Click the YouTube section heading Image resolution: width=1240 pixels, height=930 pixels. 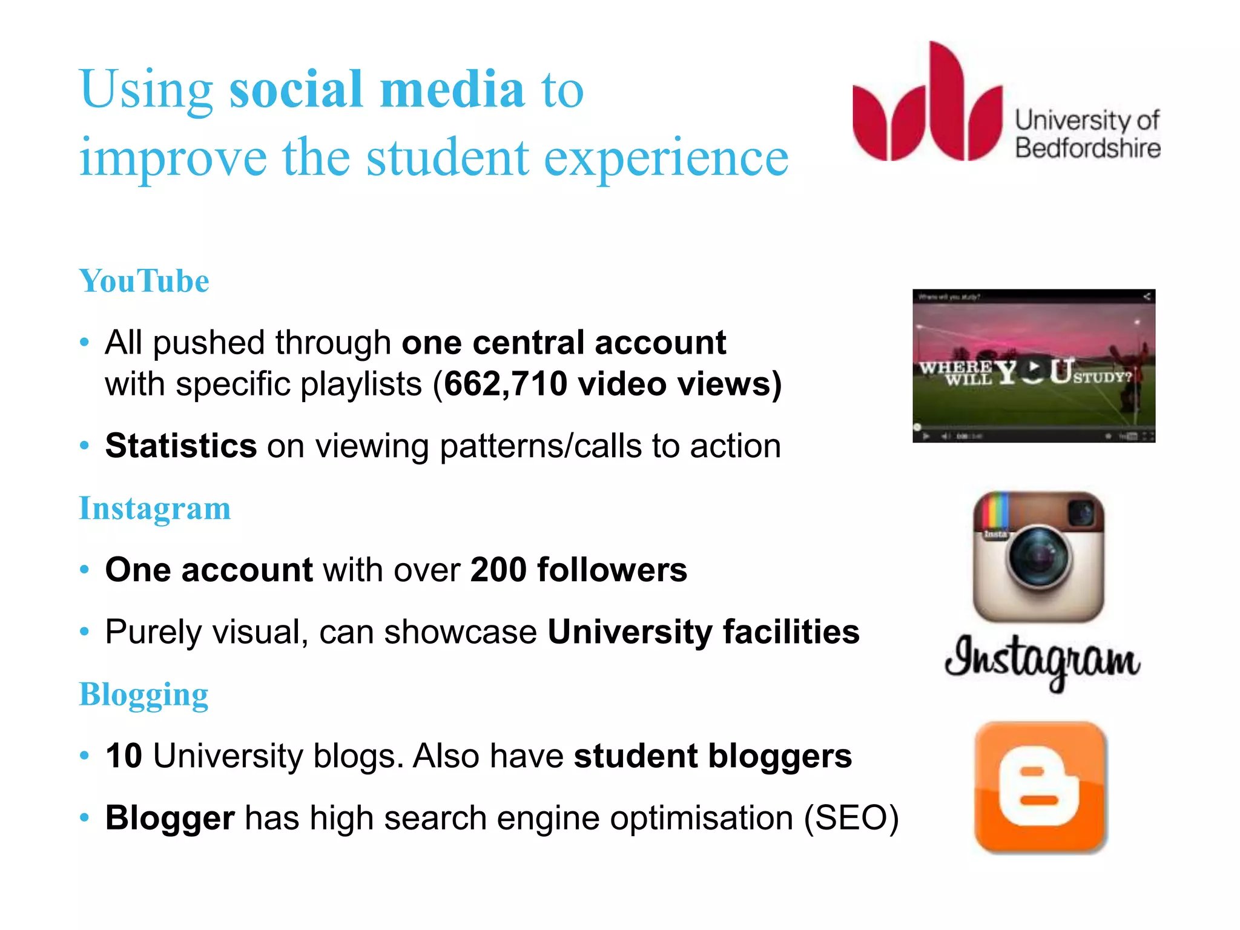144,281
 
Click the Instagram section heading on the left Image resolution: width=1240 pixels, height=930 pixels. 155,508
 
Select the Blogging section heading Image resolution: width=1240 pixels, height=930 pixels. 144,694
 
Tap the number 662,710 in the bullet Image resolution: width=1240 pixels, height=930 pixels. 505,384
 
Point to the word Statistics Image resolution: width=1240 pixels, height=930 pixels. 181,446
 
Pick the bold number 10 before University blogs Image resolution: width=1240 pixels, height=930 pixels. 124,756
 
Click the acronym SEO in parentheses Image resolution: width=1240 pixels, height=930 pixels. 851,818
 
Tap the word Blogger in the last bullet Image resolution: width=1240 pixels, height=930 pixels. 170,818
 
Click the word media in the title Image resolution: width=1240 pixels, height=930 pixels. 452,89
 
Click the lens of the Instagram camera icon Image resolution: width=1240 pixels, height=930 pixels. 1039,558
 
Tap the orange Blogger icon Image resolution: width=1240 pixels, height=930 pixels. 1040,787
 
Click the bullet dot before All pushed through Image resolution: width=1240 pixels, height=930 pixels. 85,343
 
